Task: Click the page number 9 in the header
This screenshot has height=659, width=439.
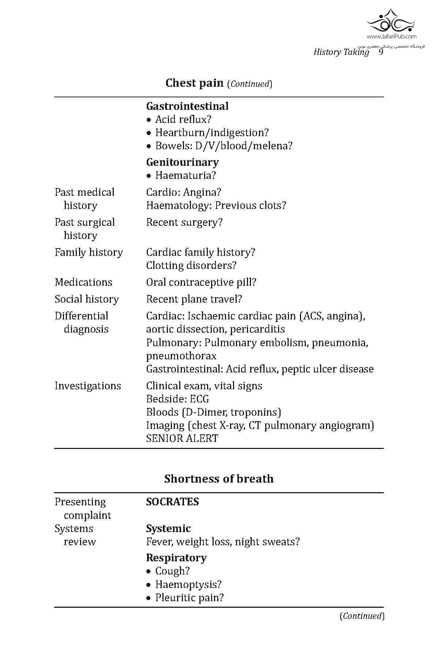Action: click(x=381, y=52)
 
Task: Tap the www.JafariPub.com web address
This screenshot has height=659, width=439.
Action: click(x=391, y=36)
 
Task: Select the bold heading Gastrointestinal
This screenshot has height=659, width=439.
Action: click(x=187, y=106)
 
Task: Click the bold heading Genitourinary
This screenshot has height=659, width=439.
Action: click(x=182, y=162)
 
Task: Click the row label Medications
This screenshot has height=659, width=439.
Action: click(x=83, y=282)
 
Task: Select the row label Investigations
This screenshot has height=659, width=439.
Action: click(x=87, y=386)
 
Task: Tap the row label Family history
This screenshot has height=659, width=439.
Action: click(x=89, y=252)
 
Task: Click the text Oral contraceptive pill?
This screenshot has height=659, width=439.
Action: click(x=201, y=282)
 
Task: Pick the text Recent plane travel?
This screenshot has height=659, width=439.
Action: click(x=194, y=299)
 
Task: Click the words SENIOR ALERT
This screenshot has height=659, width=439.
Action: click(x=182, y=438)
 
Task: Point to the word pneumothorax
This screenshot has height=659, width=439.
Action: click(x=181, y=356)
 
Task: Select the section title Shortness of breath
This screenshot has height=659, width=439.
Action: click(x=219, y=479)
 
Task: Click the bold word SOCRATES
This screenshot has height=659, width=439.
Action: click(x=172, y=502)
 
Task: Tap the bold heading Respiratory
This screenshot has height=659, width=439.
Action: click(x=176, y=558)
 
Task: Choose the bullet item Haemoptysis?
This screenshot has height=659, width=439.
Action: click(x=188, y=584)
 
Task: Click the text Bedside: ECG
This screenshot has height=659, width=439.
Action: click(x=177, y=399)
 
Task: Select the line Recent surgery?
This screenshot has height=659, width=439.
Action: click(x=184, y=222)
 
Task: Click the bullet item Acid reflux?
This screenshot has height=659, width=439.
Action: click(x=183, y=119)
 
